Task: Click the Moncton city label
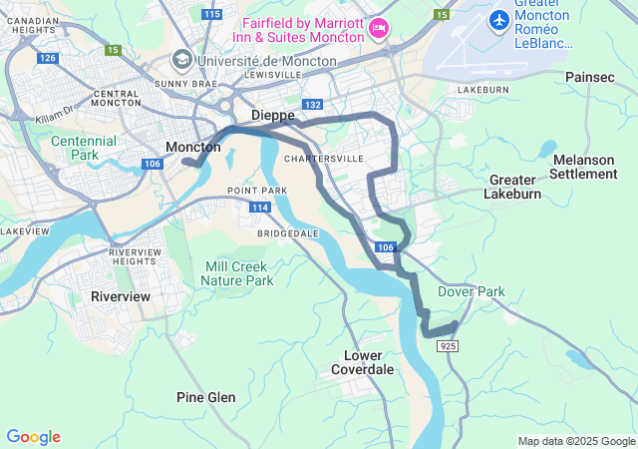[192, 147]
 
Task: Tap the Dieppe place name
[272, 116]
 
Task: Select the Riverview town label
[120, 296]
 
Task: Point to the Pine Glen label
[205, 397]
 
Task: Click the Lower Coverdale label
[369, 362]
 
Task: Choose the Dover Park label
[471, 292]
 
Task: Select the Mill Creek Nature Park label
[237, 273]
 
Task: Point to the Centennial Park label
[84, 148]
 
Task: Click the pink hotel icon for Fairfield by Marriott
[378, 27]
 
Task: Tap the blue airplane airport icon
[498, 19]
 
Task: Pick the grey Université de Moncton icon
[181, 58]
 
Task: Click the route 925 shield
[448, 345]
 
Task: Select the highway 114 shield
[260, 207]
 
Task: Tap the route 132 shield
[313, 105]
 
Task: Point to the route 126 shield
[47, 58]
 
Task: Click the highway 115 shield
[210, 14]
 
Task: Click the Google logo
[33, 437]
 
